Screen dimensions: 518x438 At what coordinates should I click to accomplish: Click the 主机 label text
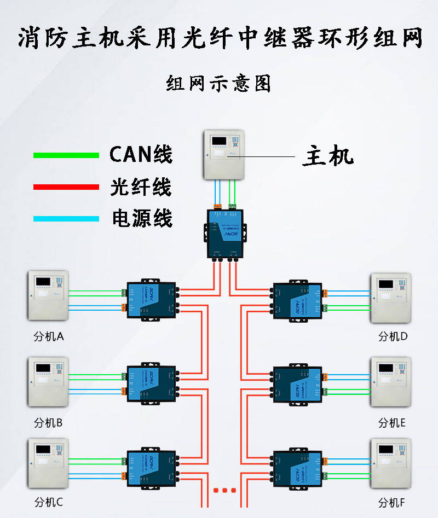coord(328,156)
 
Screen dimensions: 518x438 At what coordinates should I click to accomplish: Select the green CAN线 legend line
coord(66,155)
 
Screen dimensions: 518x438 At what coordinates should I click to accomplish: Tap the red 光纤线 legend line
coord(66,187)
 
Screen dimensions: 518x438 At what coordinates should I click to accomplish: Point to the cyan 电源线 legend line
coord(66,219)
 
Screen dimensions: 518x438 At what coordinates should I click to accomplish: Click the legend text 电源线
coord(142,218)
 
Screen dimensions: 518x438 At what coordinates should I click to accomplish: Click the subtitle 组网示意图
coord(218,84)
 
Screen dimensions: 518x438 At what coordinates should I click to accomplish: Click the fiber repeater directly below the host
coord(224,232)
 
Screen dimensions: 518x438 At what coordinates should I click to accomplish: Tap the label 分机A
coord(49,336)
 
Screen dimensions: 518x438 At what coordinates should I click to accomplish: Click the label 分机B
coord(49,422)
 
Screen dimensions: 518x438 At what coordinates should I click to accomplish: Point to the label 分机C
coord(49,502)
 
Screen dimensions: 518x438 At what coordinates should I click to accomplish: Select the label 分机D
coord(393,336)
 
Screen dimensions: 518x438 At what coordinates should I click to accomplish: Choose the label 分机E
coord(392,422)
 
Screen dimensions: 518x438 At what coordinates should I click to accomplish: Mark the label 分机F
coord(392,502)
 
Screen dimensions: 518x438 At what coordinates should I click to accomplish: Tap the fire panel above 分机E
coord(390,382)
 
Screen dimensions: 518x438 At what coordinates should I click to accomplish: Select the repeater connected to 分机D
coord(297,300)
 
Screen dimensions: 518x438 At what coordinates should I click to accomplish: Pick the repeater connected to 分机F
coord(297,468)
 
